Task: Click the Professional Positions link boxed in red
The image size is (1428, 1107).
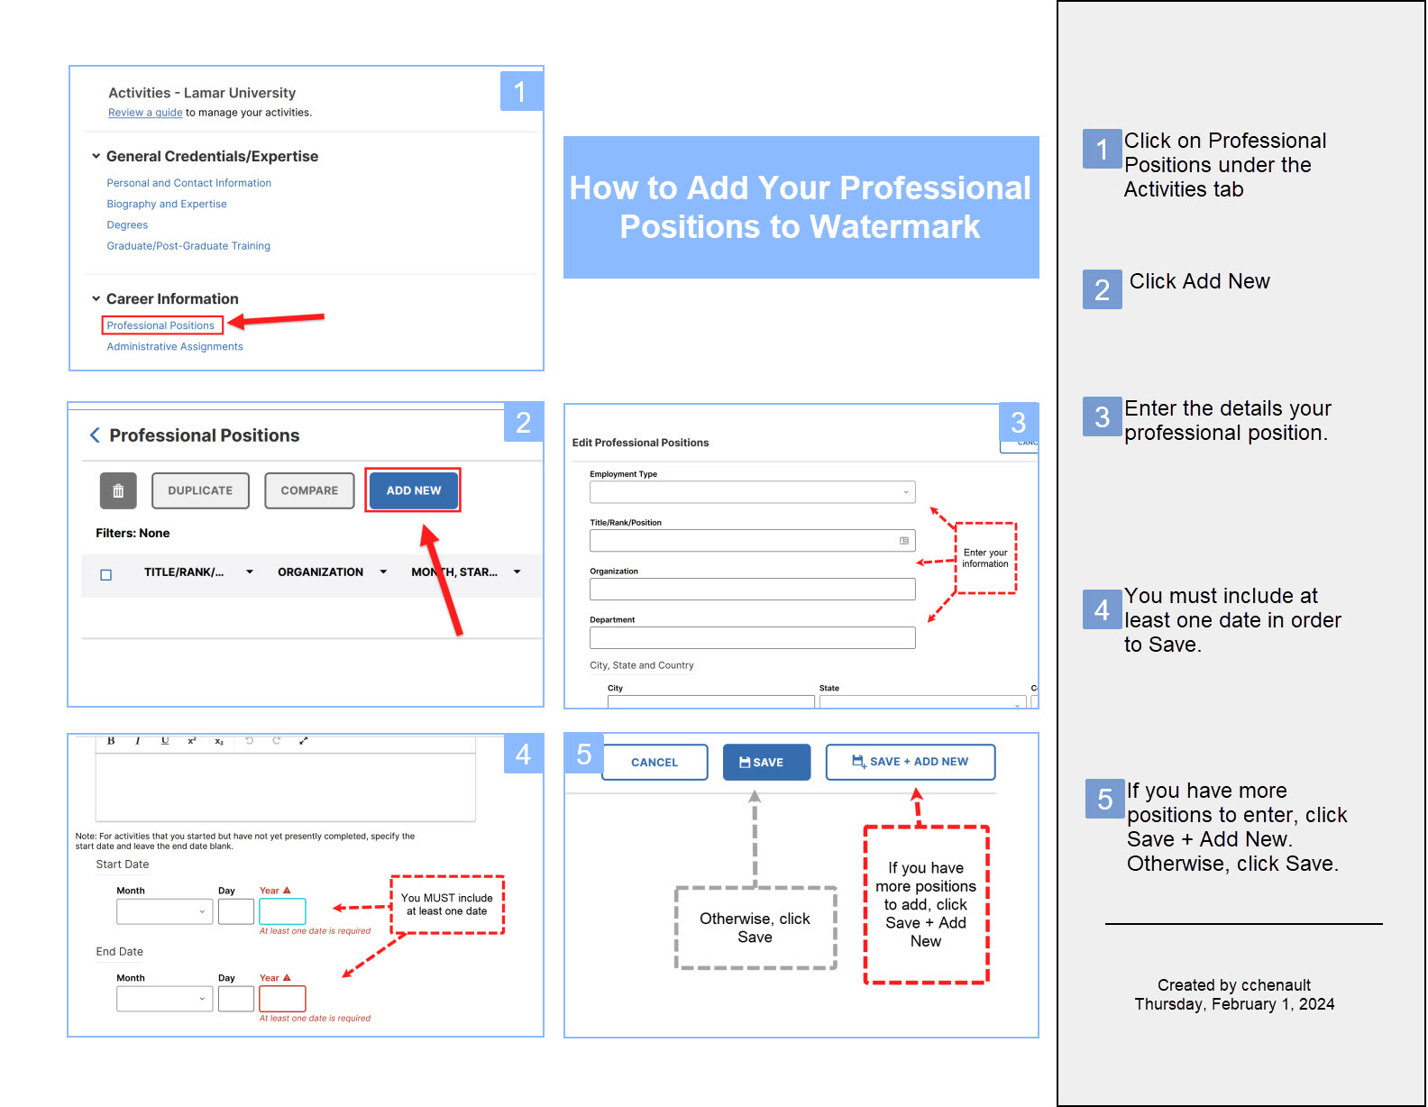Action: [x=160, y=325]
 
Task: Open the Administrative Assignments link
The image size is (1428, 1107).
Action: [x=175, y=346]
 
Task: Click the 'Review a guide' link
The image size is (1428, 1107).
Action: [x=145, y=113]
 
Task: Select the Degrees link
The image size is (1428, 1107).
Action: [x=127, y=224]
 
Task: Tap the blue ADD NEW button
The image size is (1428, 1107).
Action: [x=414, y=490]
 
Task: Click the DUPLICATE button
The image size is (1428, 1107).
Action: [x=200, y=490]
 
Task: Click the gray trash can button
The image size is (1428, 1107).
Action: [x=118, y=490]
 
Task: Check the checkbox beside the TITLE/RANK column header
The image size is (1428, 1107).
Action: [x=105, y=575]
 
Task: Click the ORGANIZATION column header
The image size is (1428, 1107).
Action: [x=320, y=572]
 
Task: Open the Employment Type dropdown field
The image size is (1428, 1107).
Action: [x=752, y=492]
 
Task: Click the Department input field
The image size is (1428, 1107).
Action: [x=752, y=638]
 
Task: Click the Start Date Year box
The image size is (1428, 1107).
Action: [x=282, y=911]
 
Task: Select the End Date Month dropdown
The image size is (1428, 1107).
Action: [x=164, y=999]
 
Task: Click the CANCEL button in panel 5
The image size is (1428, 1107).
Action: [x=654, y=762]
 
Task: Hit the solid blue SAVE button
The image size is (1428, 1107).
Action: [x=766, y=762]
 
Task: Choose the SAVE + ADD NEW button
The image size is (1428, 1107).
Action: [x=911, y=762]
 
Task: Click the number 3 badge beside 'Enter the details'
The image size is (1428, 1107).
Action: [x=1102, y=416]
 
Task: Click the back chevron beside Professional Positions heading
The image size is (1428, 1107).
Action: [x=95, y=435]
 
